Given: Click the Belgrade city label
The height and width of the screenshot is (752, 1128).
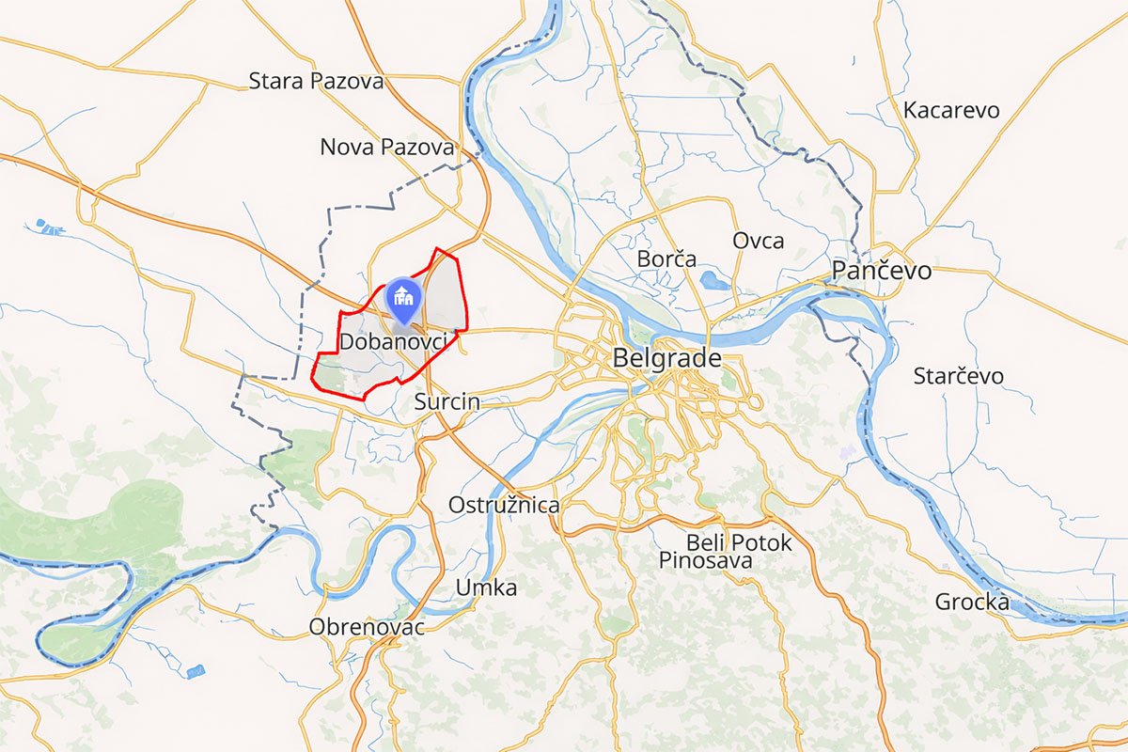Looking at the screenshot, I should [x=666, y=358].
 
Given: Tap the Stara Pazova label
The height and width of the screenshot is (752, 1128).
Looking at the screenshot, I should [x=316, y=81].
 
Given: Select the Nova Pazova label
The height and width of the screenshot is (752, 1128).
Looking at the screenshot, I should [x=387, y=147].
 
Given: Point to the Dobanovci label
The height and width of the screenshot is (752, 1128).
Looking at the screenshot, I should [x=392, y=342].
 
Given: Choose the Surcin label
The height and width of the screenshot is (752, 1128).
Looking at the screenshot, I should [x=446, y=402].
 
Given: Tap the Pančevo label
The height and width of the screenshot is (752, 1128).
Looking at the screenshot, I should [x=882, y=271].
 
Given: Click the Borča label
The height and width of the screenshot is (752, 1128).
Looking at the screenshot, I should [x=666, y=258].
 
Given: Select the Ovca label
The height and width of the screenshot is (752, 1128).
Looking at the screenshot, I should [x=758, y=241].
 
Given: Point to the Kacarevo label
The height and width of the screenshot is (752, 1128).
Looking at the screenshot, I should [x=950, y=110].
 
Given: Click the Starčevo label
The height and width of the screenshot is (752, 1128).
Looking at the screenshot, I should [x=958, y=376].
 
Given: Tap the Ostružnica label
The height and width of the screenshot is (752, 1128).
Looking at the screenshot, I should [x=504, y=505].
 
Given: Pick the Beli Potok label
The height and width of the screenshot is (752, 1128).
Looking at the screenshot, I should [x=739, y=542].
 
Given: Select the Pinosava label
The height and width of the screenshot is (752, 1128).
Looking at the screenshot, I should [x=705, y=561].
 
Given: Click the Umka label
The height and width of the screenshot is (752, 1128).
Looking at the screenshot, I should [x=486, y=587].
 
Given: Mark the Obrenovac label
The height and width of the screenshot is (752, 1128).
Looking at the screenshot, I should [x=367, y=626].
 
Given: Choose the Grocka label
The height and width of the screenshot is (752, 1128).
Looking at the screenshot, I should [x=972, y=602].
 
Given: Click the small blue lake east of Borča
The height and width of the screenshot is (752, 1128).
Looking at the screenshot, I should [x=713, y=279].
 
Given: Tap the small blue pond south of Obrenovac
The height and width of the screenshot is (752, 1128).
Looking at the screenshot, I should [x=195, y=671].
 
